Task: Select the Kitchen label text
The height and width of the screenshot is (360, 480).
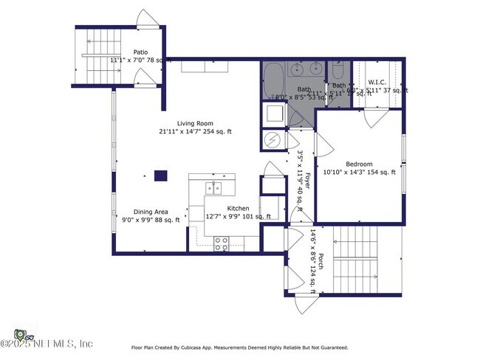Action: click(x=238, y=209)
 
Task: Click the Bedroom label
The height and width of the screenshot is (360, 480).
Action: click(x=359, y=164)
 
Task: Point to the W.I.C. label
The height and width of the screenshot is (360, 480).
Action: click(x=378, y=81)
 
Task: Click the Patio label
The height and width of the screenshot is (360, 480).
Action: click(x=140, y=52)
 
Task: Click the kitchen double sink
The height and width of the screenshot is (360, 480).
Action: click(x=214, y=189)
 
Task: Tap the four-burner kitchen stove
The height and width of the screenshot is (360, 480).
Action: click(x=221, y=243)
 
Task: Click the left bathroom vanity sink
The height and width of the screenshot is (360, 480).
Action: click(x=296, y=71)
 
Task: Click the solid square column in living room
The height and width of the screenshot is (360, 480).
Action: click(x=160, y=176)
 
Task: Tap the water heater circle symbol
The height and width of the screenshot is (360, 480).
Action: click(x=271, y=139)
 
